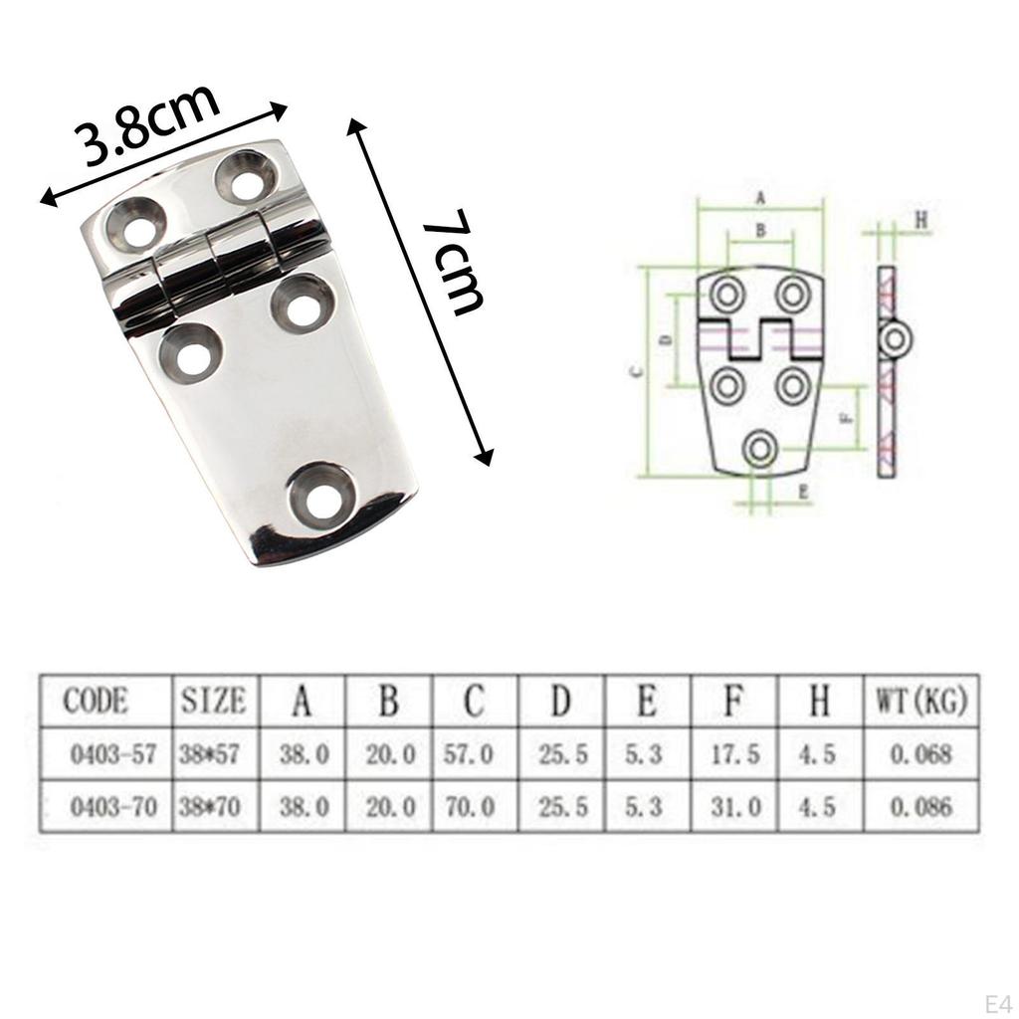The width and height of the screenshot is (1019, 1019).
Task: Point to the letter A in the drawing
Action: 760,198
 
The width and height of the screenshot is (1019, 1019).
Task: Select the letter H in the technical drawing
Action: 920,221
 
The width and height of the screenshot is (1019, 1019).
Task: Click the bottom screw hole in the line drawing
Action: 760,449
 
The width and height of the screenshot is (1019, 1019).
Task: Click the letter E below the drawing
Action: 802,491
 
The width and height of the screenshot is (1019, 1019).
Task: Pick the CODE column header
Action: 96,701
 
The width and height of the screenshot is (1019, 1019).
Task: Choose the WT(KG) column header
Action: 920,701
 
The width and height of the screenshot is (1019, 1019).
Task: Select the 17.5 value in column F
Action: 734,754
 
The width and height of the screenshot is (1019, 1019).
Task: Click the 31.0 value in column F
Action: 734,807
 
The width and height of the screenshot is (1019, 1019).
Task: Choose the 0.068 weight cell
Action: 920,754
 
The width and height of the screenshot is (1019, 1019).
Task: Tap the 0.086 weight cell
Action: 920,807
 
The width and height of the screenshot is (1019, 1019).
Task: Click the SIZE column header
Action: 213,701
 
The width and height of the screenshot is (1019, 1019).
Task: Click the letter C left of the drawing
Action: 637,371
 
